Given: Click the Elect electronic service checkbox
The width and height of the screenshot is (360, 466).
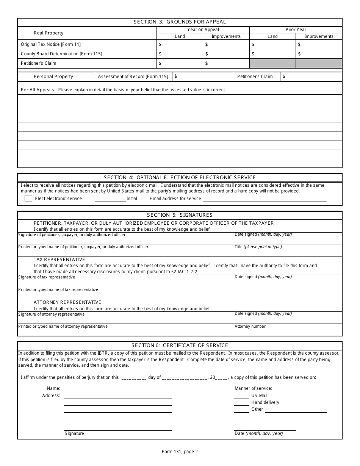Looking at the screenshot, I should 28,199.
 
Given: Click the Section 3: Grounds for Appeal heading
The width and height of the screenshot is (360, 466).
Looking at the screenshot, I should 180,22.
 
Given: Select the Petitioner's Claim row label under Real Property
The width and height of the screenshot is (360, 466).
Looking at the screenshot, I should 39,63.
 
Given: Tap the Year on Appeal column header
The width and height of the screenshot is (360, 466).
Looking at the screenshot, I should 203,30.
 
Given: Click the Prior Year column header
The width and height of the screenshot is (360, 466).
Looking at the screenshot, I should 296,30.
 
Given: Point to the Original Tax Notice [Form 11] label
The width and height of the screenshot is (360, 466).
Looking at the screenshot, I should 51,44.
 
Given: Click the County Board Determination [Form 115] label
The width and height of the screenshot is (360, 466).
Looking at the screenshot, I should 61,54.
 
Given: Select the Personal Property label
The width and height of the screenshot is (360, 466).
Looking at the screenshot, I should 53,77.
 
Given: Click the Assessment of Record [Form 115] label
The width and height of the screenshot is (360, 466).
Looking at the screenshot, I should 133,77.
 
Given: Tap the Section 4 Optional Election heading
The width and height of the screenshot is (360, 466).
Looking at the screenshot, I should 180,177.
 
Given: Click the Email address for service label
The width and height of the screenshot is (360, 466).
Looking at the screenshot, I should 175,199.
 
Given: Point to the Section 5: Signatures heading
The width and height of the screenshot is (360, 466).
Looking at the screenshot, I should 180,215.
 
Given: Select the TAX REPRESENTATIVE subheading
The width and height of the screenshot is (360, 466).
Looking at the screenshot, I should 59,260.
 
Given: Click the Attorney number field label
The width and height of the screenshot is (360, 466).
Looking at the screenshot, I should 250,326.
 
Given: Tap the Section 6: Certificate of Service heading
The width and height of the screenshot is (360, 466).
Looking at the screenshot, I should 180,345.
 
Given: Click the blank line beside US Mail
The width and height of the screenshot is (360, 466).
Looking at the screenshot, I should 241,396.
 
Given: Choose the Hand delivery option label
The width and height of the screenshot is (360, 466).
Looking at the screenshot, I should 265,402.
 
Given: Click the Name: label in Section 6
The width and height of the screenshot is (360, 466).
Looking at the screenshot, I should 53,388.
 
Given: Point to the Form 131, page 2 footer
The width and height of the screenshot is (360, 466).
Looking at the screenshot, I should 180,451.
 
